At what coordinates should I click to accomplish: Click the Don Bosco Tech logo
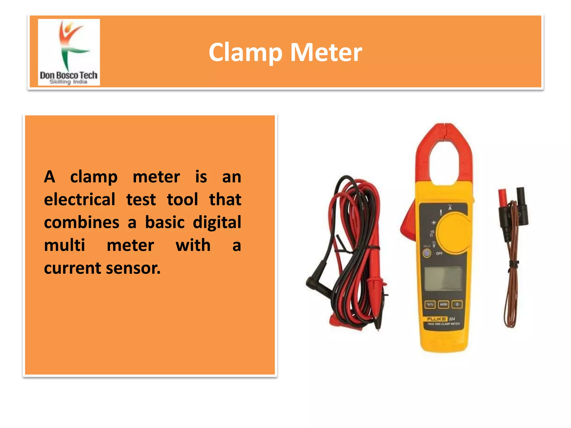click(69, 52)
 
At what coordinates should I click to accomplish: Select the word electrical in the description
click(79, 200)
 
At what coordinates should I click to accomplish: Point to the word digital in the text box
click(217, 222)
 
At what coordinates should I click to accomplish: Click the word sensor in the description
click(133, 268)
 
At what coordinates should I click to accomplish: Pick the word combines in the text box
click(82, 222)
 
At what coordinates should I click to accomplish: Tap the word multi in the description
click(64, 245)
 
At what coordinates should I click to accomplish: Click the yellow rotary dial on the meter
click(454, 232)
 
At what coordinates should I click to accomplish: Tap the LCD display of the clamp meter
click(443, 279)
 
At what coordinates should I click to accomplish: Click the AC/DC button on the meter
click(443, 304)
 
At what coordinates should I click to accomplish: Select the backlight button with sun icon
click(457, 304)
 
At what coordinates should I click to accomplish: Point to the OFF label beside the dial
click(439, 253)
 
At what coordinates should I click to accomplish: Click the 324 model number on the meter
click(452, 318)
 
